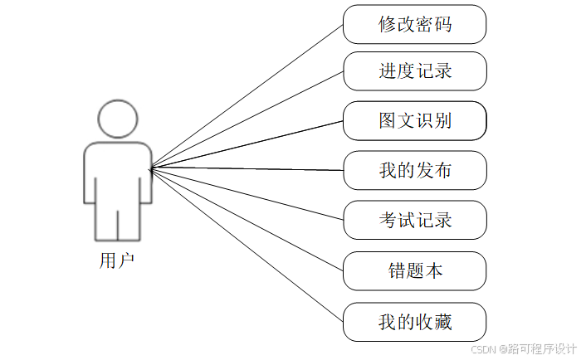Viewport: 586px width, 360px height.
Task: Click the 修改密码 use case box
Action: pos(414,23)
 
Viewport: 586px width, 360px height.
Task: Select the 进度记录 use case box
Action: pos(414,71)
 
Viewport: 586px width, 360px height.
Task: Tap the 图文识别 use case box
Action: pos(414,121)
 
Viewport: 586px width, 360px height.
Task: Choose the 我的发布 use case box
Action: pos(414,171)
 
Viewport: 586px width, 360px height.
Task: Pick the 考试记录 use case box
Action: pos(414,221)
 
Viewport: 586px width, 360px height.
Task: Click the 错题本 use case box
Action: pos(414,270)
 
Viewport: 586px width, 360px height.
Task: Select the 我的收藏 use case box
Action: pos(414,321)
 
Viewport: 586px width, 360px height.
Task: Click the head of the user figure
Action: pos(117,119)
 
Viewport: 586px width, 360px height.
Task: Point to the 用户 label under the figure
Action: pos(117,260)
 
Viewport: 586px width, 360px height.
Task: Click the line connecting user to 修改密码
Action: pos(247,95)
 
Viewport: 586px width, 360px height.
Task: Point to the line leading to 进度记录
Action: pos(247,120)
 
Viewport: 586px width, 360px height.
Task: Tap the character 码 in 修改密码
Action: pos(443,23)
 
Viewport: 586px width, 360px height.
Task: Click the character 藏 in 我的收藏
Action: pos(443,321)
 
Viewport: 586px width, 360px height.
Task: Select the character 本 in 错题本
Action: pos(434,270)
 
